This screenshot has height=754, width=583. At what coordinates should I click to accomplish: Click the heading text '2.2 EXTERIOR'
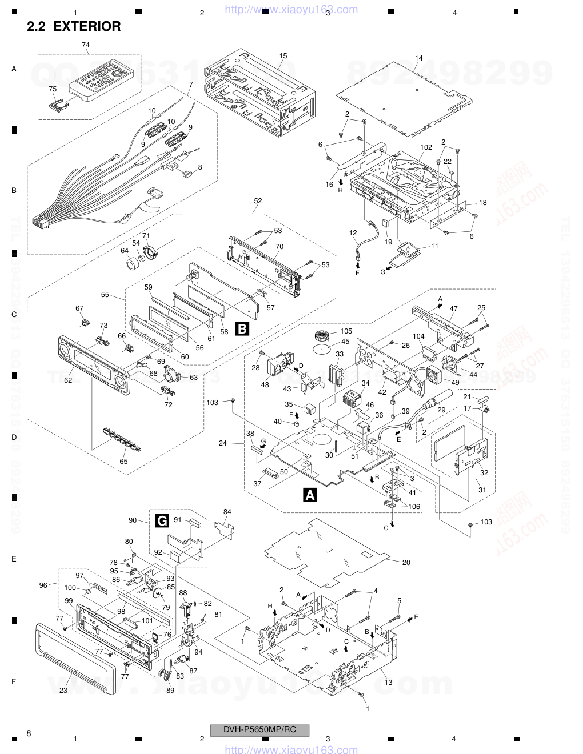point(74,26)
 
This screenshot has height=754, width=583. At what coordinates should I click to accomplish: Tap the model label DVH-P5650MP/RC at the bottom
point(260,729)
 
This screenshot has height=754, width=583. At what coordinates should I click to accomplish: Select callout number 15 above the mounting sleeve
point(283,56)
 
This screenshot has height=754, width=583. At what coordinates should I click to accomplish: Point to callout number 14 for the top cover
point(419,58)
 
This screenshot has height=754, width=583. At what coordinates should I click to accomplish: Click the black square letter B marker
point(242,328)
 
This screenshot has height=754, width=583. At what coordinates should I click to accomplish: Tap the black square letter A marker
point(310,495)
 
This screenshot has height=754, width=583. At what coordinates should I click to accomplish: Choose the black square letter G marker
point(162,520)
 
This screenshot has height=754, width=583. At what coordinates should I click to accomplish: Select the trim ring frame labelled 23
point(74,657)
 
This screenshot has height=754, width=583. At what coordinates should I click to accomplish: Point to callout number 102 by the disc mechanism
point(426,147)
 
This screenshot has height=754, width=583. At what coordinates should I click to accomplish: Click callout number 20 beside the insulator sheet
point(406,562)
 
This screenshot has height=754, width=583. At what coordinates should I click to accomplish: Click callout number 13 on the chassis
point(388,682)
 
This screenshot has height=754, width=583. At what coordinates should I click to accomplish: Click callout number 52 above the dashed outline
point(258,200)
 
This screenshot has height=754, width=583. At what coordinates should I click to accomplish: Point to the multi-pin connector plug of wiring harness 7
point(41,221)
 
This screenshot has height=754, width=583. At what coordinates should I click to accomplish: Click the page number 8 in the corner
point(29,733)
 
